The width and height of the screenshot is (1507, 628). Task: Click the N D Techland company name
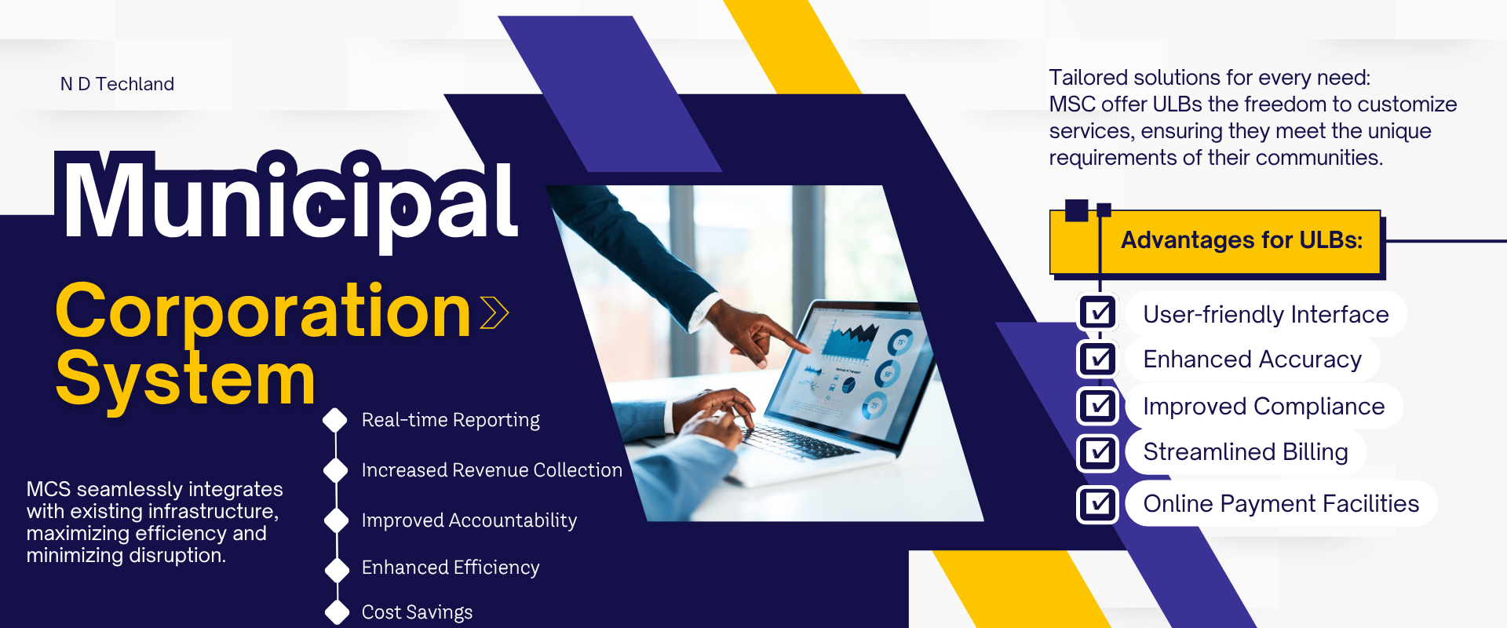tap(117, 84)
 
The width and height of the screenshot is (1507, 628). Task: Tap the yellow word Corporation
tap(264, 312)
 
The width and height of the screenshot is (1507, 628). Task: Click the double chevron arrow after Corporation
tap(494, 312)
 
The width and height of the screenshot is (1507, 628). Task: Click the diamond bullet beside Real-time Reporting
tap(335, 420)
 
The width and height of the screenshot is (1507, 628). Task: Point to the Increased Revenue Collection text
tap(491, 470)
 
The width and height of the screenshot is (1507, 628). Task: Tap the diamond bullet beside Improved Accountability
tap(336, 520)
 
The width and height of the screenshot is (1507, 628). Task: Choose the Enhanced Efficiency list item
tap(451, 568)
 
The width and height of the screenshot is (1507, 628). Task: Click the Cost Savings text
tap(417, 612)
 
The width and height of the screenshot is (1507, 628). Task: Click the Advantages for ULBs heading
tap(1242, 239)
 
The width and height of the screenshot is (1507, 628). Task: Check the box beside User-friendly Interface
tap(1098, 313)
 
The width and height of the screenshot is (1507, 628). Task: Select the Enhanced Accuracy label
tap(1252, 360)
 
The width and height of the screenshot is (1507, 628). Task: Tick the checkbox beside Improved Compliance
tap(1098, 406)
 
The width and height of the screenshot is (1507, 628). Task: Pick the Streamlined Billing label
tap(1246, 452)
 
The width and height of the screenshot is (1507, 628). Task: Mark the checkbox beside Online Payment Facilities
tap(1098, 504)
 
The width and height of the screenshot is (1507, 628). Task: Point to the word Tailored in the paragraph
tap(1088, 78)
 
